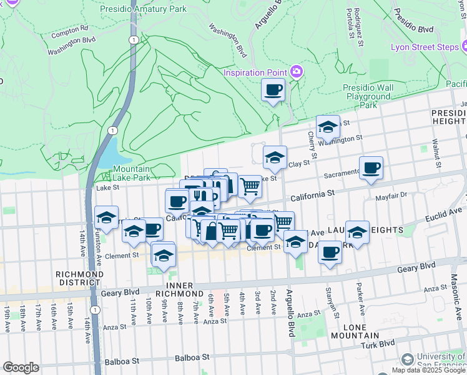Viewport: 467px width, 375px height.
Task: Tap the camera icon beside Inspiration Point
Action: click(x=297, y=72)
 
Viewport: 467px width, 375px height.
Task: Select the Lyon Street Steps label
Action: click(x=425, y=47)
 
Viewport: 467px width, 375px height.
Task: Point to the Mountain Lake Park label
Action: click(x=132, y=173)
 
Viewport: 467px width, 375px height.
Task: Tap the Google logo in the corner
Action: click(x=21, y=367)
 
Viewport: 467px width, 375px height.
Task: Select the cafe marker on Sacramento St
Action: click(x=371, y=168)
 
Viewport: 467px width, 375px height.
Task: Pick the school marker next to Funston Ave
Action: click(x=107, y=219)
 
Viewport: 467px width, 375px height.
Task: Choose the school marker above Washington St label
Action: click(x=328, y=127)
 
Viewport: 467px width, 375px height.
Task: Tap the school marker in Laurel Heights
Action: click(x=357, y=232)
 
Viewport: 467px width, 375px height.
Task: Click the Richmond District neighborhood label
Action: click(x=79, y=278)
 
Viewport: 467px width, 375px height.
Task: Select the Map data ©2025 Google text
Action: click(x=428, y=370)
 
